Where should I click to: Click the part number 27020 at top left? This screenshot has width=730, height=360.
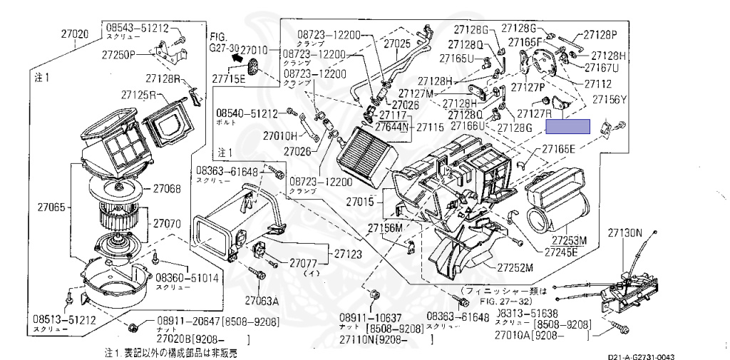[74, 34]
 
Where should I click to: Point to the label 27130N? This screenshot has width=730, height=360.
[624, 233]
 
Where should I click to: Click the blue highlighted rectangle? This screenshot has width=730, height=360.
[567, 127]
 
